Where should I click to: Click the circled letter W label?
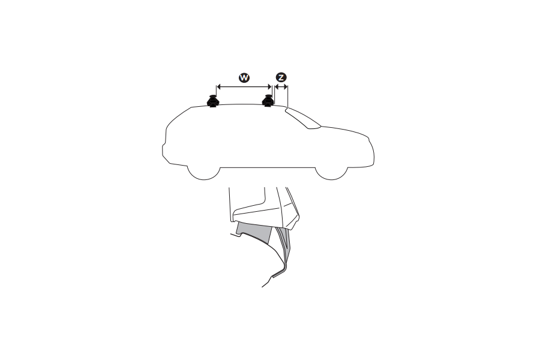click(x=244, y=77)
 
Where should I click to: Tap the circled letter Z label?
click(x=281, y=77)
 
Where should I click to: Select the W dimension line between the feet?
click(x=244, y=86)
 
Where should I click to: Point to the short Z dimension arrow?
click(x=281, y=86)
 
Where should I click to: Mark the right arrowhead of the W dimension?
click(x=270, y=86)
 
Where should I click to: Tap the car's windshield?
click(x=304, y=119)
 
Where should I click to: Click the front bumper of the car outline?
click(x=372, y=157)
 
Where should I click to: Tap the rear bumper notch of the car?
click(x=163, y=146)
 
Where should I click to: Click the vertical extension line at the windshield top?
click(x=288, y=96)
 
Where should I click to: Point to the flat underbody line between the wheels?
click(x=267, y=167)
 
